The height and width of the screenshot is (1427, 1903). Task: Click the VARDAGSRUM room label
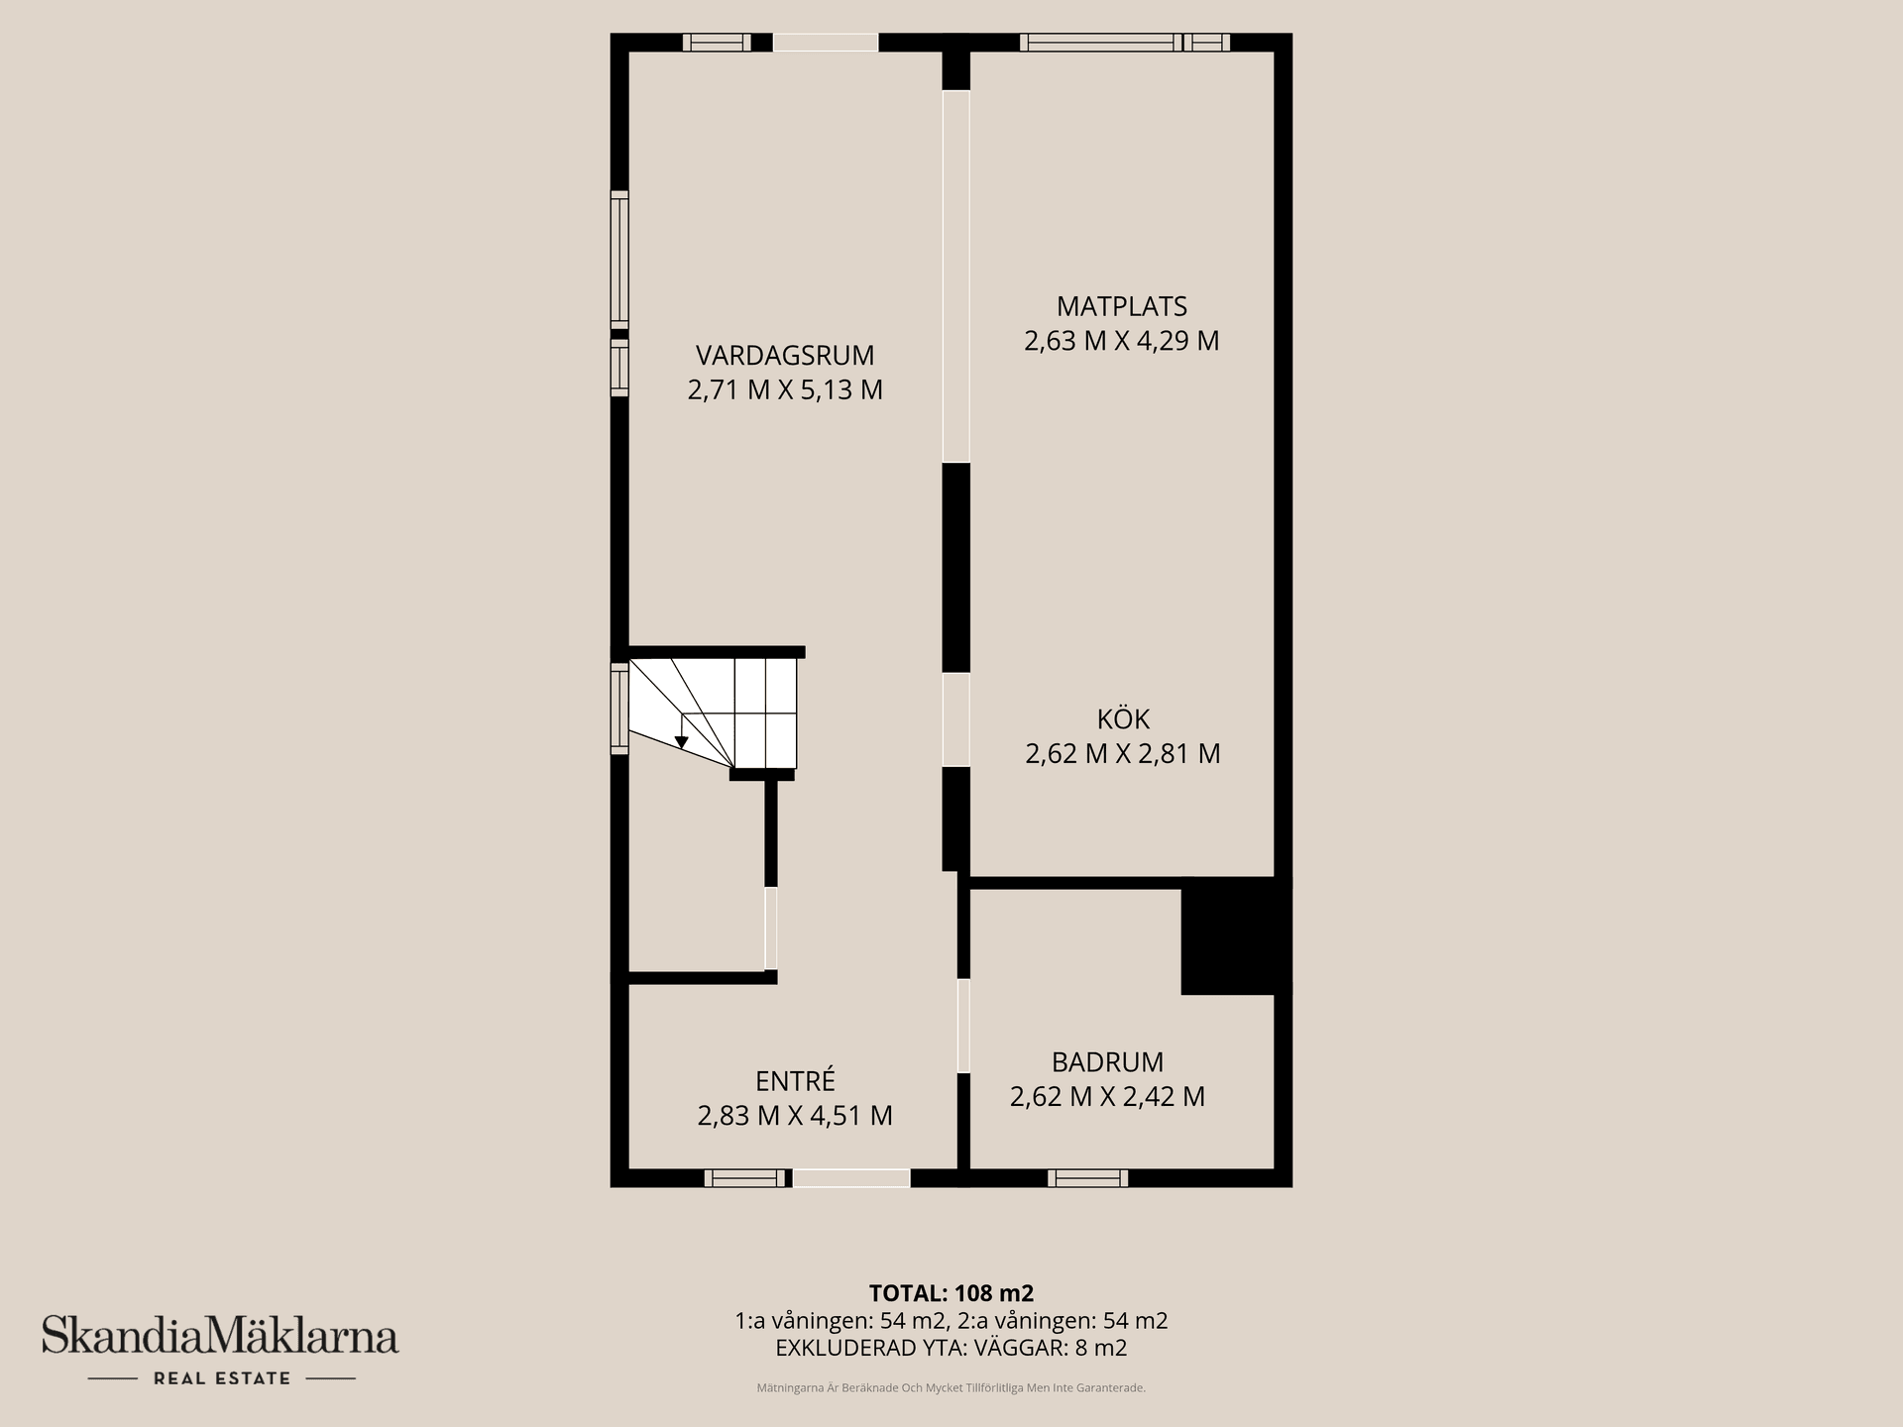(784, 355)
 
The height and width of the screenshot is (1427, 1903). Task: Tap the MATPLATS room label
(1121, 306)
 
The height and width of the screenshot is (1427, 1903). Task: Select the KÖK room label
(1122, 718)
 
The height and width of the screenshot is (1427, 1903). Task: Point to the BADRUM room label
(1107, 1062)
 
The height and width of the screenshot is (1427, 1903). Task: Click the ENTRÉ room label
(795, 1080)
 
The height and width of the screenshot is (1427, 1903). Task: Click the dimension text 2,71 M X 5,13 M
(784, 389)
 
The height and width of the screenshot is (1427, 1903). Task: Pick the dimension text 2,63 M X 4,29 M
(1121, 341)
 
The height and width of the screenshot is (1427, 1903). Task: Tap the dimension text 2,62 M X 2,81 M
(1122, 753)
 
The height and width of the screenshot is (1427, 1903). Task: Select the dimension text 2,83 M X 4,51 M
(795, 1116)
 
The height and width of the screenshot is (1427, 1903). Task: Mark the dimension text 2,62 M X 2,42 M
(1107, 1097)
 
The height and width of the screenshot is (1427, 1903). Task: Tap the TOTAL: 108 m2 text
(951, 1293)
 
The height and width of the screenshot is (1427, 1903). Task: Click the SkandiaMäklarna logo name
(220, 1336)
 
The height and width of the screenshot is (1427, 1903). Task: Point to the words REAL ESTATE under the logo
(221, 1378)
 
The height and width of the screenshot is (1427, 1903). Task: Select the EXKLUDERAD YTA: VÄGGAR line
(951, 1348)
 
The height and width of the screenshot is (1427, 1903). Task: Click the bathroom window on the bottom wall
(1087, 1178)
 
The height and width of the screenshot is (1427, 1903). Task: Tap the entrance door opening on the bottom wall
(850, 1178)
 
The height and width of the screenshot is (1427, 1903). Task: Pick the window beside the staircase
(619, 709)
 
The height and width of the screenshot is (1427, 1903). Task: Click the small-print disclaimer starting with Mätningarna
(951, 1388)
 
